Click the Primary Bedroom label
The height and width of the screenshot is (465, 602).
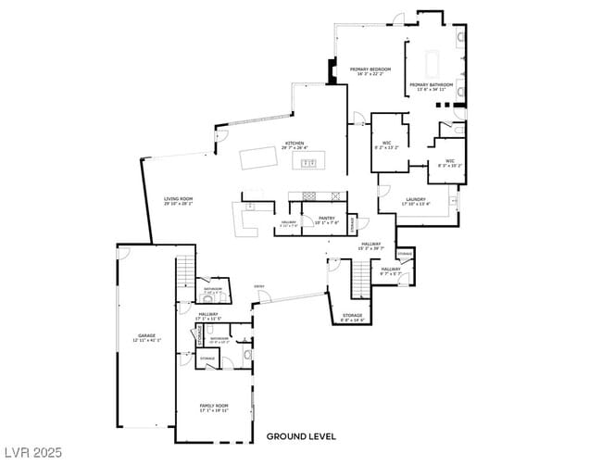370,69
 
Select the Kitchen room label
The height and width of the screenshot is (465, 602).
294,144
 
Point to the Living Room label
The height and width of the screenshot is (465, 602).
178,198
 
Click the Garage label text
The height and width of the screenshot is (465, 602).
146,335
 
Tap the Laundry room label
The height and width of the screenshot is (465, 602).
415,199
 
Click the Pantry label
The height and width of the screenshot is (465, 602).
326,218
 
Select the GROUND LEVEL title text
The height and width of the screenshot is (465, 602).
301,435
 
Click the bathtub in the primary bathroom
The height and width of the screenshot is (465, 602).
432,62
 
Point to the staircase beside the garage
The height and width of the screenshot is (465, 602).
186,271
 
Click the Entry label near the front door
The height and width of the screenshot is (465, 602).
259,286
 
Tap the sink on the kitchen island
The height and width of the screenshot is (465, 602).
310,163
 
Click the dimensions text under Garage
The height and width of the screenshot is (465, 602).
146,340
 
